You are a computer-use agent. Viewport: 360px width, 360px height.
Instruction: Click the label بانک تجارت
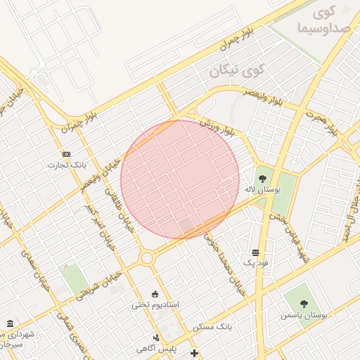pyautogui.click(x=61, y=165)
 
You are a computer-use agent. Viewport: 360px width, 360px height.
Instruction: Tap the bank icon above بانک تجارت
pyautogui.click(x=66, y=153)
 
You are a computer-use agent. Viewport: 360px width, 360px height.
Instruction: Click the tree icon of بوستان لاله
pyautogui.click(x=263, y=179)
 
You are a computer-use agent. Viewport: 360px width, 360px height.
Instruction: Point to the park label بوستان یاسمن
pyautogui.click(x=304, y=316)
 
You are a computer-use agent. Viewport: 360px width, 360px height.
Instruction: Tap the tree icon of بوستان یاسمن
pyautogui.click(x=304, y=304)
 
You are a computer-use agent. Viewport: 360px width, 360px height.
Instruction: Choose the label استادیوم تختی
pyautogui.click(x=155, y=305)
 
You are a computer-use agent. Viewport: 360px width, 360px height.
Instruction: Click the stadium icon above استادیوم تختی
pyautogui.click(x=155, y=293)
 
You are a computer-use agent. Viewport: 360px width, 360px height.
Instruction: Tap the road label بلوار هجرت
pyautogui.click(x=324, y=124)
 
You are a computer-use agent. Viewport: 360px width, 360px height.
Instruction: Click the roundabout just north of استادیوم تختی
pyautogui.click(x=147, y=259)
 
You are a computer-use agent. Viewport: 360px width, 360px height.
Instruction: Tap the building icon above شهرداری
pyautogui.click(x=10, y=323)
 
